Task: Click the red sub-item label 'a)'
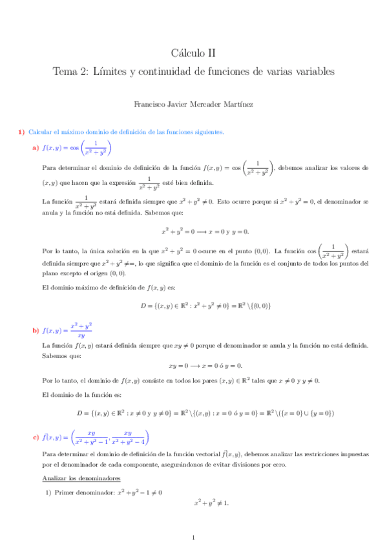pos(36,148)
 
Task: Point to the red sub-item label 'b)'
pos(36,331)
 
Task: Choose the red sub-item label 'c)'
pos(36,439)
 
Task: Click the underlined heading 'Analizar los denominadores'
pos(78,479)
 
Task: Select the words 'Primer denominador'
pos(84,492)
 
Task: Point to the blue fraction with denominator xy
pos(81,330)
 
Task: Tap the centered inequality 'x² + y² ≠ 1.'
pos(211,503)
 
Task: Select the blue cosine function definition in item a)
pos(76,148)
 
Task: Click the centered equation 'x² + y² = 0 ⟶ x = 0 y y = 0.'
pos(205,231)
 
